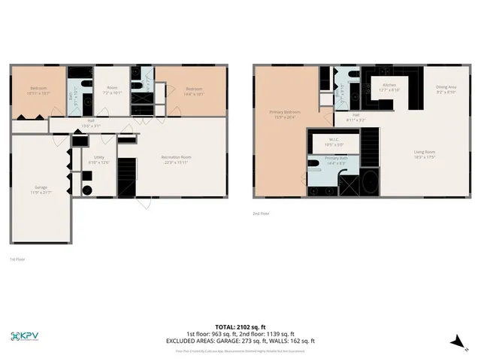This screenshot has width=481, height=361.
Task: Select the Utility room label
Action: click(x=98, y=159)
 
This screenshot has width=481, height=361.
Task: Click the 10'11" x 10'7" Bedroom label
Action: click(x=38, y=91)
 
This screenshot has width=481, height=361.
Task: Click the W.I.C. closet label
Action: click(x=335, y=141)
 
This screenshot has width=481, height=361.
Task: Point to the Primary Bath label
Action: click(x=335, y=160)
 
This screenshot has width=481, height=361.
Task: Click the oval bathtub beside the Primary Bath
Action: click(x=370, y=183)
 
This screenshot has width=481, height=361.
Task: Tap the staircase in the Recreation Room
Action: click(x=127, y=177)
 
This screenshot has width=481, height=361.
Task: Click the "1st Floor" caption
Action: click(x=17, y=259)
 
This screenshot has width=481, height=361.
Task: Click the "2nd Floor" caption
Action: click(x=261, y=214)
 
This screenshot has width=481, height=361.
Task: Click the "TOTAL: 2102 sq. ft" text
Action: click(x=240, y=327)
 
